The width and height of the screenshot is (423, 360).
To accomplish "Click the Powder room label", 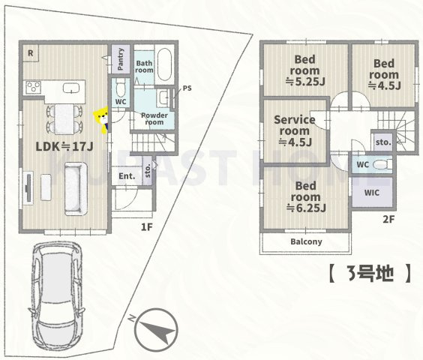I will click(153, 118).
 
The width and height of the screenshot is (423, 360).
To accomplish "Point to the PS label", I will click(187, 88).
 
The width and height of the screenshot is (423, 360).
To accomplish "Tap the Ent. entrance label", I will click(125, 176).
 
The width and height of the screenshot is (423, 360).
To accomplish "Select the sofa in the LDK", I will click(75, 190).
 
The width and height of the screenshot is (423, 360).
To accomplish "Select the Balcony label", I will click(305, 241).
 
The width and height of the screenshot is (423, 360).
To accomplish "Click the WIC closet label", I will click(373, 192).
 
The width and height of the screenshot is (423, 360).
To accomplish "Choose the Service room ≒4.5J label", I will click(293, 131).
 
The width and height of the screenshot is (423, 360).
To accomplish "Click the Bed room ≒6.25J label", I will click(304, 196).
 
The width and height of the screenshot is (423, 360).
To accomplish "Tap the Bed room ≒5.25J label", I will click(304, 71).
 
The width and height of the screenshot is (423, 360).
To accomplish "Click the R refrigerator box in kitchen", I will click(30, 52).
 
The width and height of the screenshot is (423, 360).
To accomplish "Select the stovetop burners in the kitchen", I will click(34, 87).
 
